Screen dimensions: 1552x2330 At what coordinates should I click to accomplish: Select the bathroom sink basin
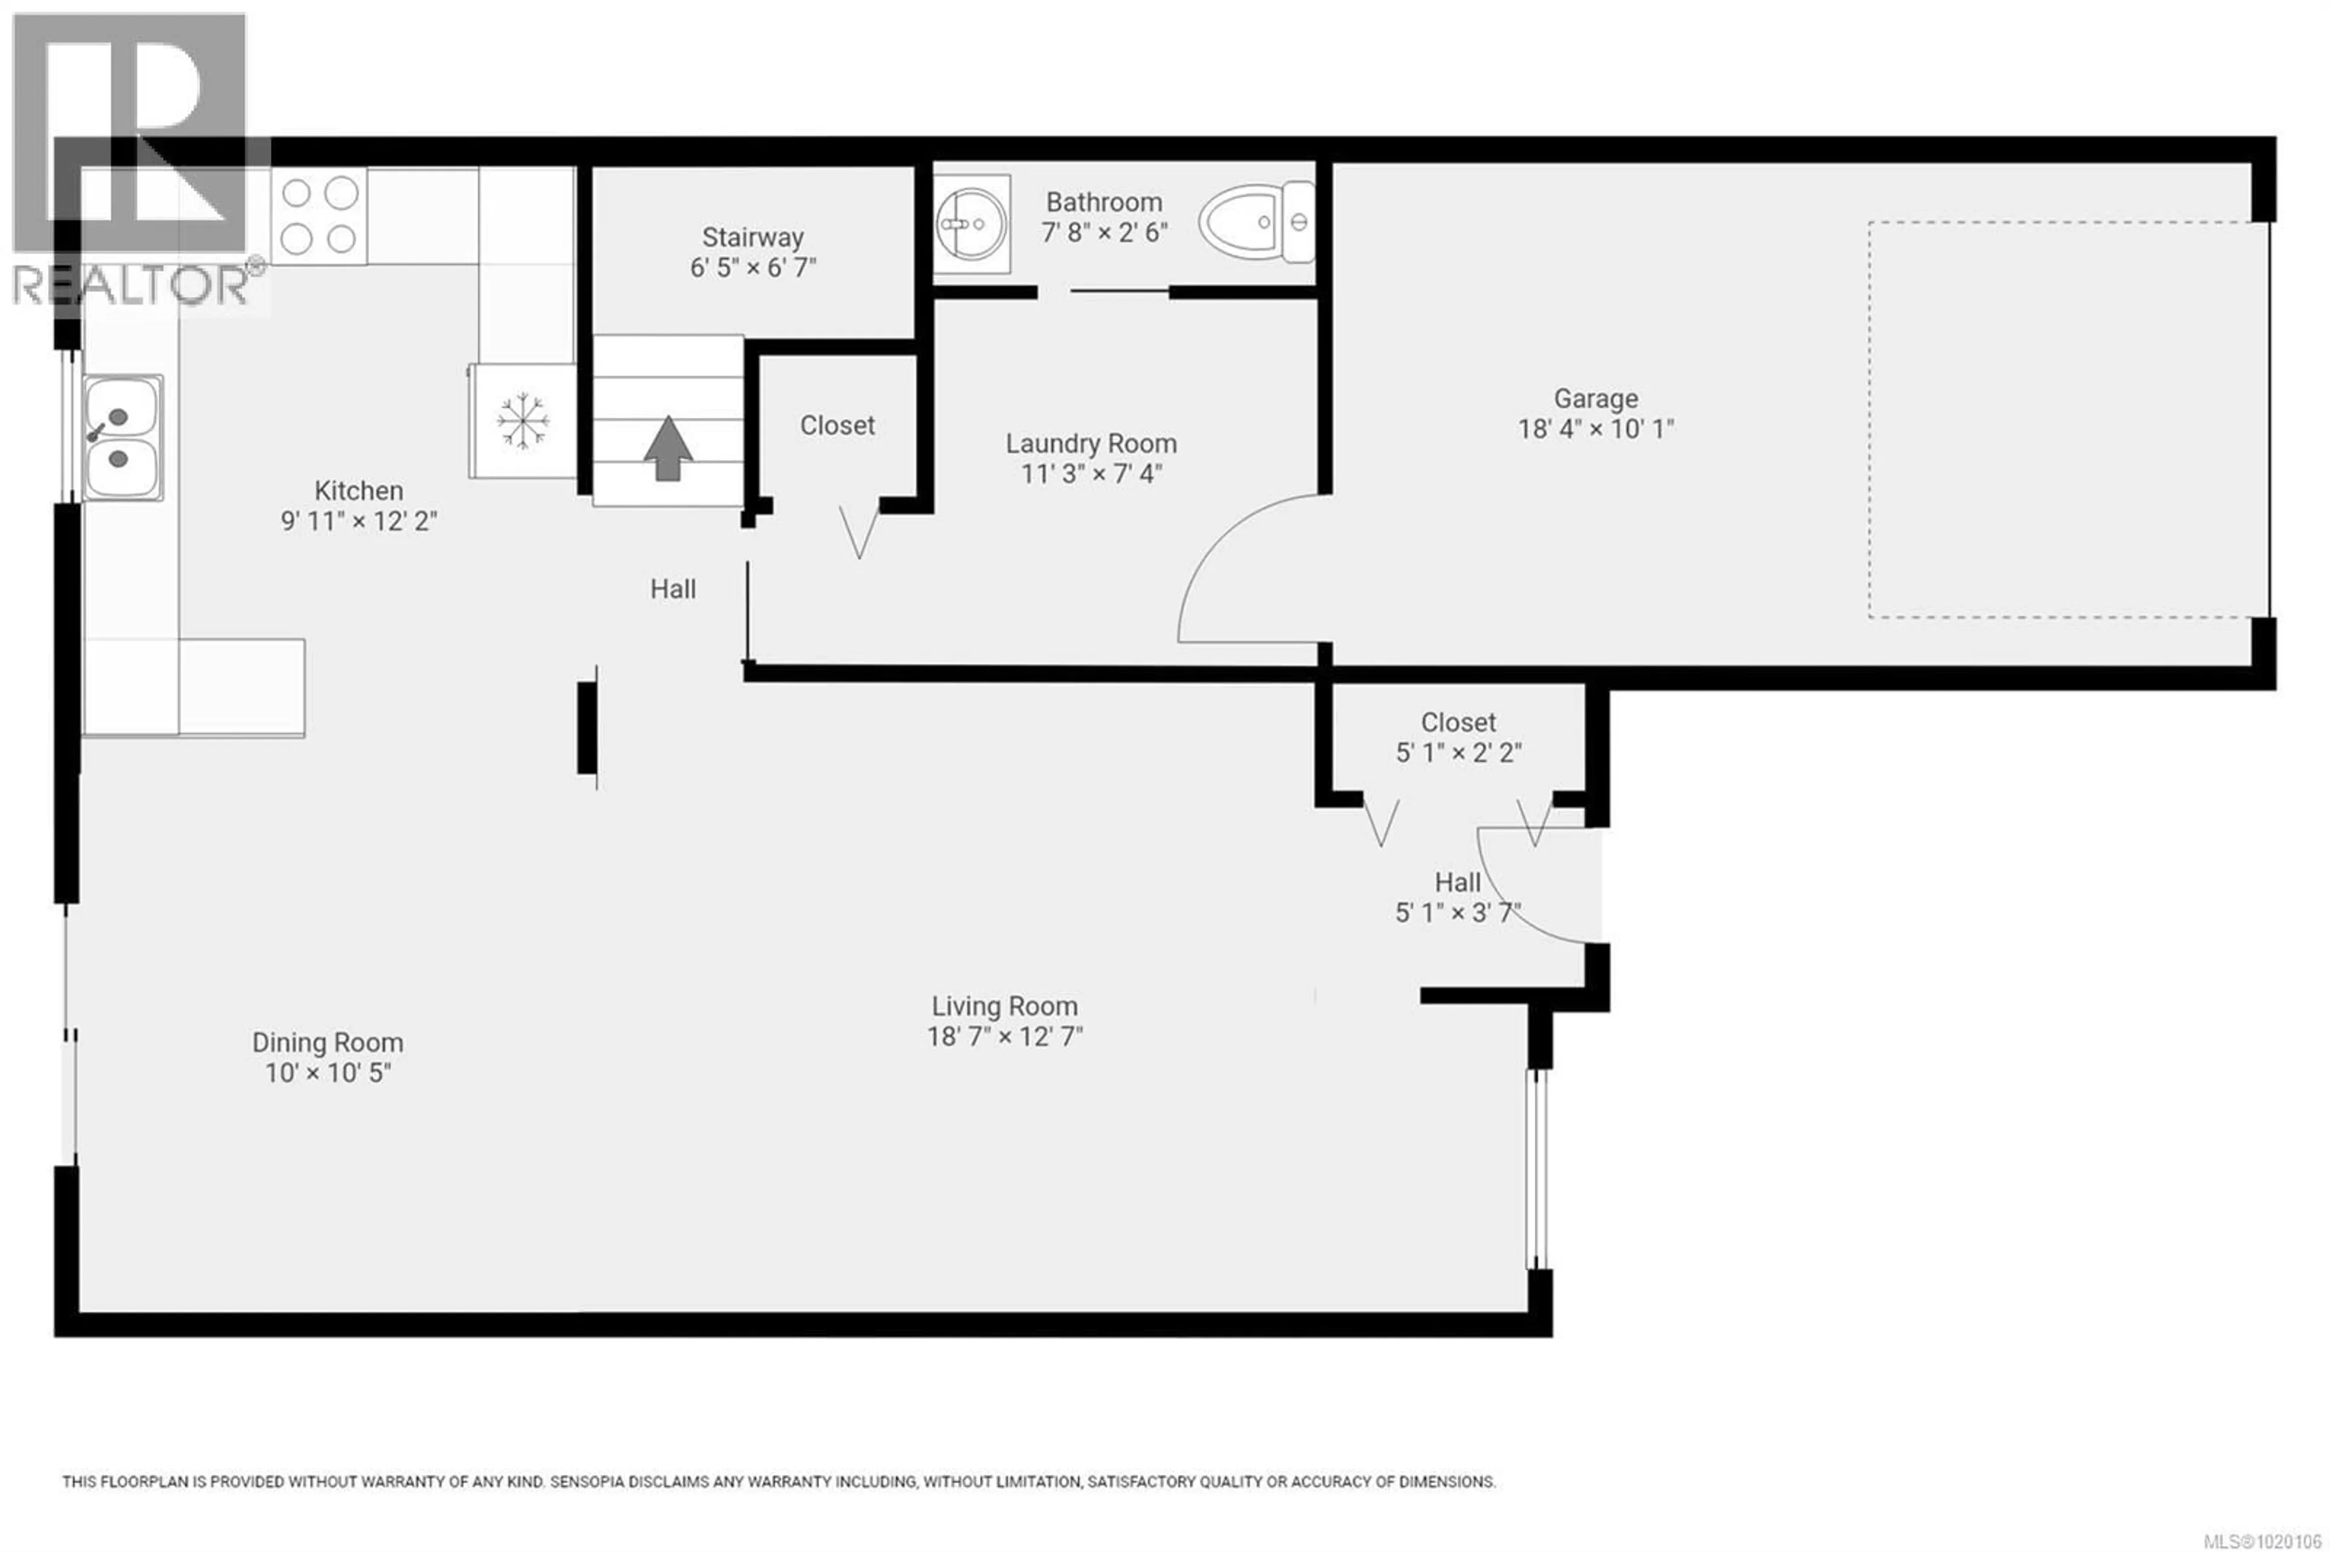coord(971,224)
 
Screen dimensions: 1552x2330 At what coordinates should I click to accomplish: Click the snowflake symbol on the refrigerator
coord(522,422)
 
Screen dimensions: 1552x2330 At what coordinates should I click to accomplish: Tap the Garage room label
coord(1595,399)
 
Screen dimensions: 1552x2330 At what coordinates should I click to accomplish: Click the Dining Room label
coord(328,1042)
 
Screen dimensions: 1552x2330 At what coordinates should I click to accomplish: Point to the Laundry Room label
coord(1091,444)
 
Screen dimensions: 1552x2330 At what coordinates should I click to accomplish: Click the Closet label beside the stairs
coord(837,425)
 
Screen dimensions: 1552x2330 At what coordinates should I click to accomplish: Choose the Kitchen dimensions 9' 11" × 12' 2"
coord(359,522)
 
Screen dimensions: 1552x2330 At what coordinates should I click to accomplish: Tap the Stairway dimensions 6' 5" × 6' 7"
coord(752,268)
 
